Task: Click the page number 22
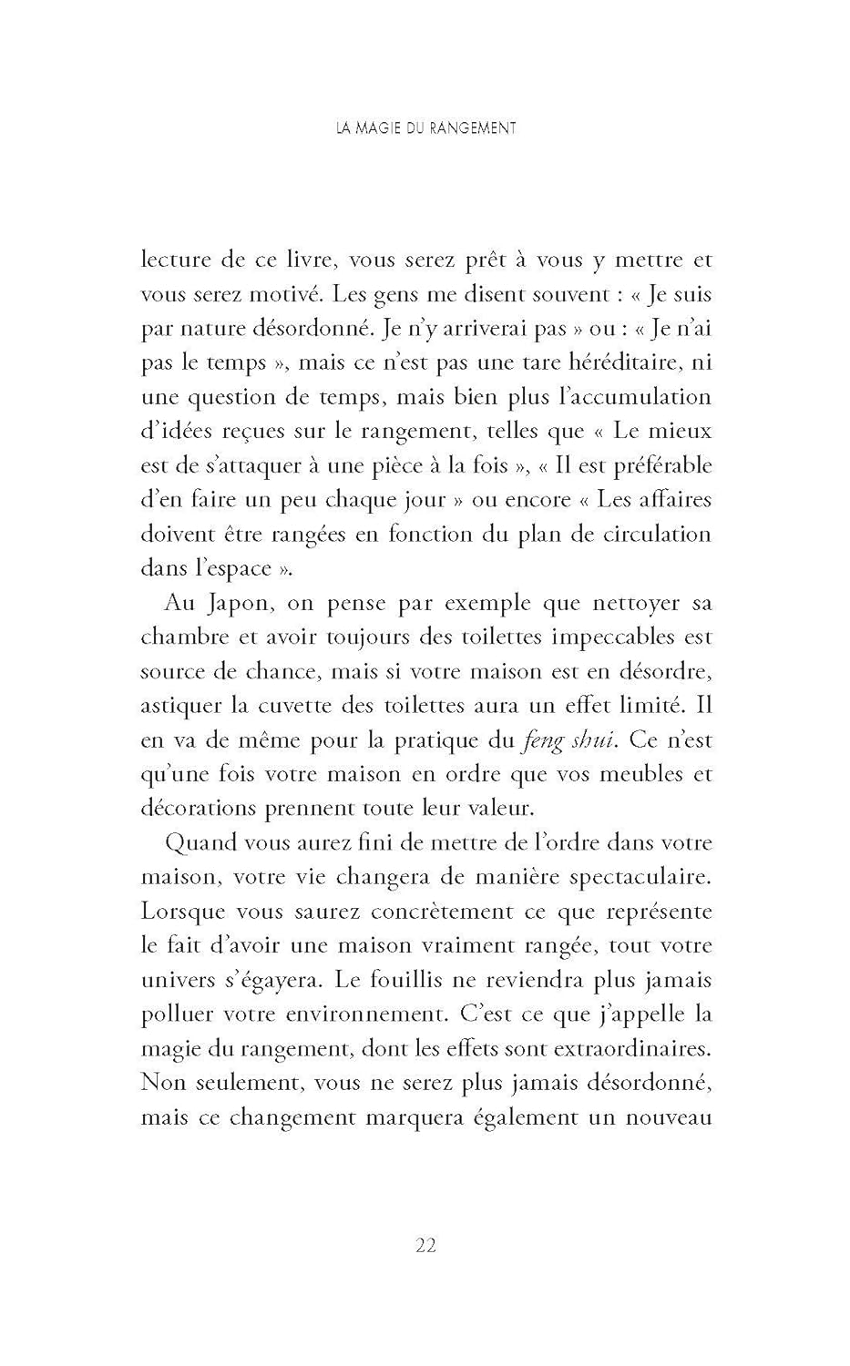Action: click(x=425, y=1245)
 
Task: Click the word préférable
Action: click(x=658, y=465)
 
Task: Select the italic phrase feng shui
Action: click(x=563, y=740)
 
